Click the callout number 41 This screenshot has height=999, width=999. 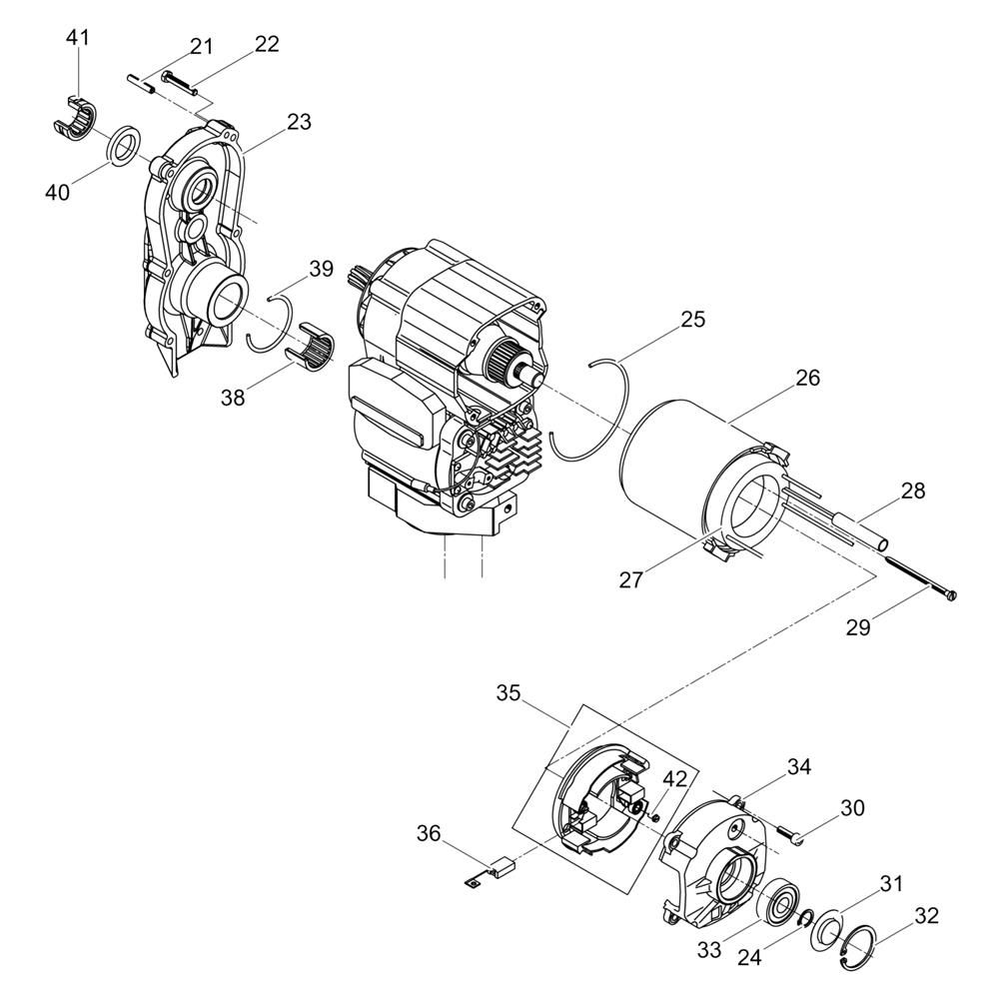click(78, 38)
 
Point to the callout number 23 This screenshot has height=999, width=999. click(298, 121)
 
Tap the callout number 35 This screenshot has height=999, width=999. click(508, 693)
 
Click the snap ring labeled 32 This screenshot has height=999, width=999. click(857, 947)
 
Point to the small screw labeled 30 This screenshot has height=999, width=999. click(791, 834)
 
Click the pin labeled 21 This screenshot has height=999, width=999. click(141, 84)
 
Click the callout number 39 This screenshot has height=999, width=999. click(321, 270)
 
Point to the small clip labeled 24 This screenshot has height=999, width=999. click(805, 919)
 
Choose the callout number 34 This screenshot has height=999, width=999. click(799, 766)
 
